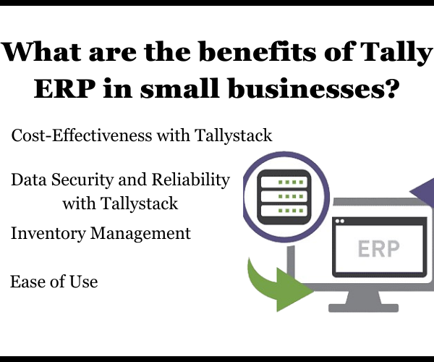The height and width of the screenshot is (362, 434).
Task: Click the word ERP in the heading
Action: tap(64, 88)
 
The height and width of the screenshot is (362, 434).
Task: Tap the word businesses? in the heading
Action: tap(314, 88)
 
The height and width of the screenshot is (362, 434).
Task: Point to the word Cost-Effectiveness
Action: tap(82, 135)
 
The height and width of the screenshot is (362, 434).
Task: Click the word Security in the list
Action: tap(82, 180)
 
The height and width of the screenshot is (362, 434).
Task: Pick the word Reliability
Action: tap(191, 180)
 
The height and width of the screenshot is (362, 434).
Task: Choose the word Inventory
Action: tap(48, 234)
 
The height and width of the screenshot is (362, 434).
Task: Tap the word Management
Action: tap(140, 234)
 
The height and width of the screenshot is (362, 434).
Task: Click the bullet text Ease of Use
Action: tap(54, 282)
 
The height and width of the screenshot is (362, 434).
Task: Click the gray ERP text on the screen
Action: tap(378, 249)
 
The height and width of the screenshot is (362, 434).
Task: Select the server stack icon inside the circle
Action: tap(284, 197)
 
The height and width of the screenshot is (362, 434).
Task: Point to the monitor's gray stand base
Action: tap(363, 308)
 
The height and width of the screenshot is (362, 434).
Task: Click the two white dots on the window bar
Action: tap(340, 221)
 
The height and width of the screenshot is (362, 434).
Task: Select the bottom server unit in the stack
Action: tap(284, 211)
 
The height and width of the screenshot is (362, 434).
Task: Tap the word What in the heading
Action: tap(41, 52)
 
